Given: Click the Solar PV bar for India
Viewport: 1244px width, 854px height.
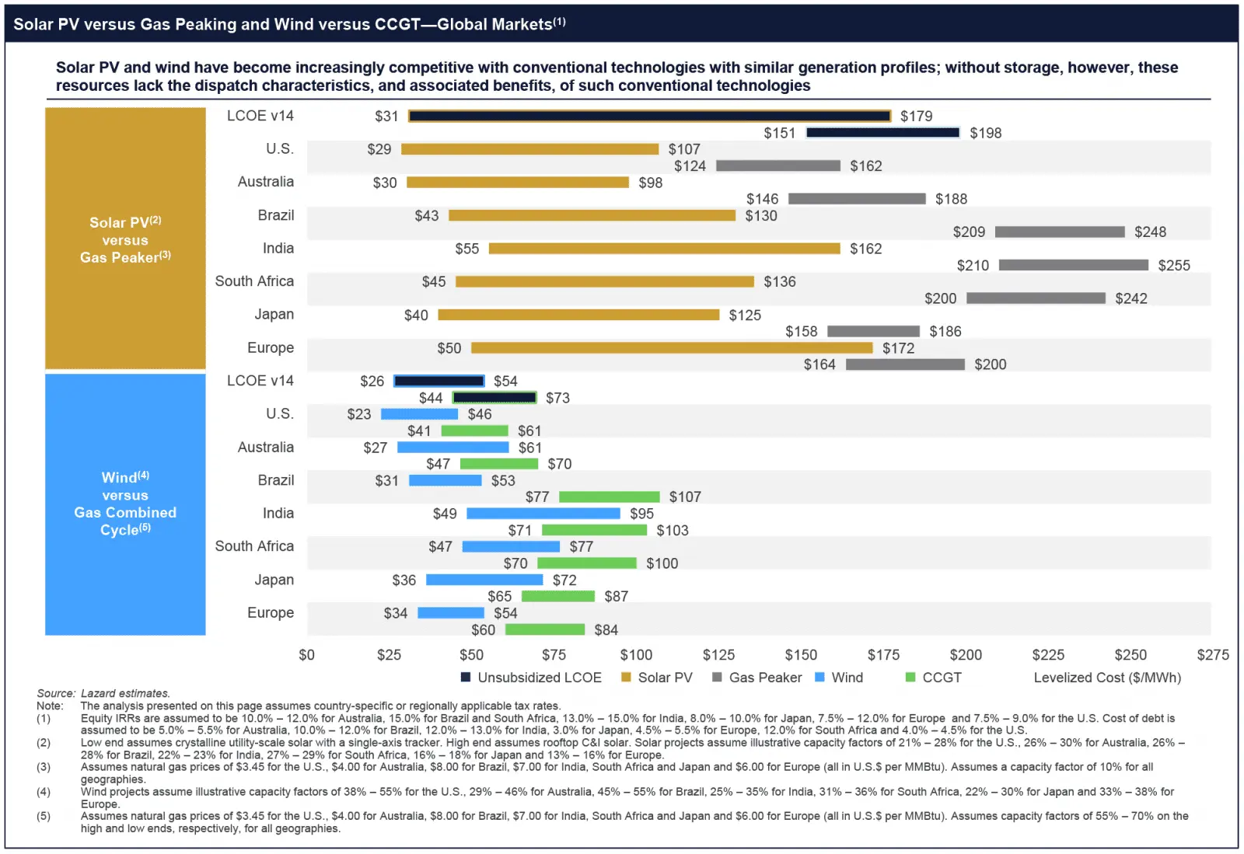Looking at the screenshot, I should (664, 249).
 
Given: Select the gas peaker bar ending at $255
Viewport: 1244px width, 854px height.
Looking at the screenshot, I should (1073, 265).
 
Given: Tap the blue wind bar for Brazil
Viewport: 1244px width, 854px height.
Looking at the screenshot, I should (445, 480).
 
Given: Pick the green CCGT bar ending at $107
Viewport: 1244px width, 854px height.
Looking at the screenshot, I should (609, 497).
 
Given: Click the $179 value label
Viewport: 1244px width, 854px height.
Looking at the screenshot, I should (916, 117).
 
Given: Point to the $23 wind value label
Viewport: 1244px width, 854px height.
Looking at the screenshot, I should (359, 414).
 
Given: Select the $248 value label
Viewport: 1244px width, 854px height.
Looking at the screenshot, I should (1150, 232).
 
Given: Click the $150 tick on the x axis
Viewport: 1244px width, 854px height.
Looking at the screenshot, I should (801, 655).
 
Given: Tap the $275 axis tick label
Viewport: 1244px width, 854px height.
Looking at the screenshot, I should (1212, 655).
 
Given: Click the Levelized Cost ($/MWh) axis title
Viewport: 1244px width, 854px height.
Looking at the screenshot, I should (1107, 678).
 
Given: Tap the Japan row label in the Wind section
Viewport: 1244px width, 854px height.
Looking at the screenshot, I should (274, 580).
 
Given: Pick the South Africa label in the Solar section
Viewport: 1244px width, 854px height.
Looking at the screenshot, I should (254, 281).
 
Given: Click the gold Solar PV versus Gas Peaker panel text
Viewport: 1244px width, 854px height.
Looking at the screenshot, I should (125, 240).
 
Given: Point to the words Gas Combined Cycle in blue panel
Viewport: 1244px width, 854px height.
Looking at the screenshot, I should (125, 521).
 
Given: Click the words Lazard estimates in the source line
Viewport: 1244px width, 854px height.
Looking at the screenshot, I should (125, 693).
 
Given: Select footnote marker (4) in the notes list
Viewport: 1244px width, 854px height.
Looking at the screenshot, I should (44, 792).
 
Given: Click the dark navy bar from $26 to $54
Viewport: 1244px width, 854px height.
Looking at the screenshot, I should (439, 381).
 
